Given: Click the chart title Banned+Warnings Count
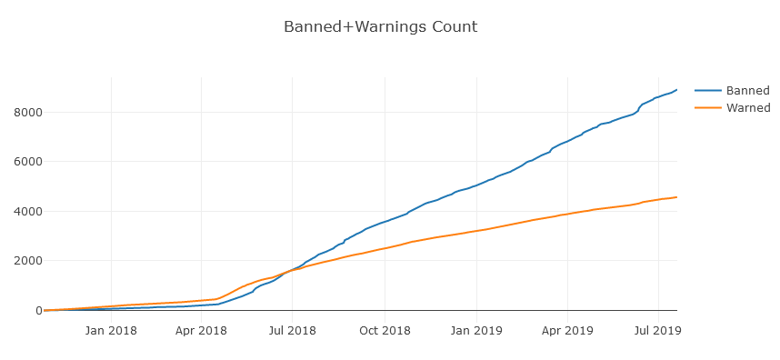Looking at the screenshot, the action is tap(381, 26).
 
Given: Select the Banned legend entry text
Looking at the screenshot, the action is tap(747, 91).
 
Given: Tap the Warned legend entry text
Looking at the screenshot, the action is tap(748, 107).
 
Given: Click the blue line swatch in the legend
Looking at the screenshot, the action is tap(708, 91).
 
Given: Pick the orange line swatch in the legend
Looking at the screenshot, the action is tap(708, 107).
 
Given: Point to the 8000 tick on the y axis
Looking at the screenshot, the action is tap(25, 113).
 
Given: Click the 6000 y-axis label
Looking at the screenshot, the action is tap(25, 162).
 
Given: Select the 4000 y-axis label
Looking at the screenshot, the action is tap(25, 211).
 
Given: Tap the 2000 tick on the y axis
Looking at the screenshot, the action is tap(25, 261).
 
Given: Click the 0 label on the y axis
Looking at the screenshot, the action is tap(35, 310).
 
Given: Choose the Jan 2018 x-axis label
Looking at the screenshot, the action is tap(111, 330).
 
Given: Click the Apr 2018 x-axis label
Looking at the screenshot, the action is tap(201, 330).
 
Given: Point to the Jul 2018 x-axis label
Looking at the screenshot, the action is tap(292, 330).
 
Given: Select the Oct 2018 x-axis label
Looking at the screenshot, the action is tap(385, 330).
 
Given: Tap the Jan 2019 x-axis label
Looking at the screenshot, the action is tap(476, 330).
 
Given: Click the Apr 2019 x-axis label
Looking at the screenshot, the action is tap(567, 330).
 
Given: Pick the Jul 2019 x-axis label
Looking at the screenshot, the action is tap(658, 330).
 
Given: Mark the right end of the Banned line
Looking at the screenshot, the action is tap(676, 90).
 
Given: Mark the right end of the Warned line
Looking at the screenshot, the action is tap(676, 197).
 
